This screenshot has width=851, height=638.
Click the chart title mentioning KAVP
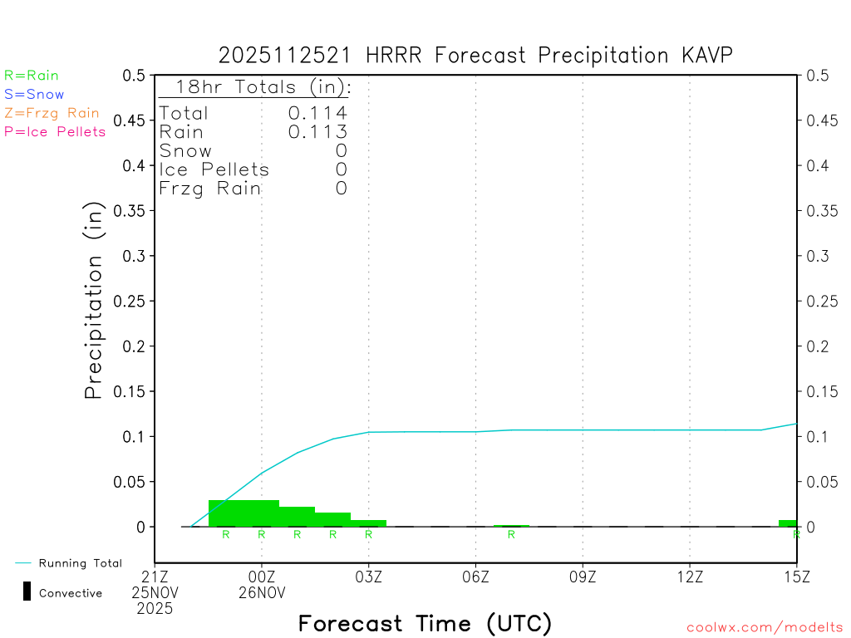475,55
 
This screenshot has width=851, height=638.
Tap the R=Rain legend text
32,76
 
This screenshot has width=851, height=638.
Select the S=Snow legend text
34,95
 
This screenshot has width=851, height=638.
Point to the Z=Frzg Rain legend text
52,113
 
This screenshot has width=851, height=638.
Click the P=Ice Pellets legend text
55,131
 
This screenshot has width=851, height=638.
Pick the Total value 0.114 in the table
317,113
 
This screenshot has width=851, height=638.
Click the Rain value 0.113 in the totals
317,132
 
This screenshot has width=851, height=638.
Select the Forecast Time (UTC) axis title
425,623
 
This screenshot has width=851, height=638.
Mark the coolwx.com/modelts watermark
765,628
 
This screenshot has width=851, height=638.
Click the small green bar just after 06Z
511,525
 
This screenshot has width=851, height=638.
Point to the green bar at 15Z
788,523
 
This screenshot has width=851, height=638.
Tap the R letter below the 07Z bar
511,534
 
